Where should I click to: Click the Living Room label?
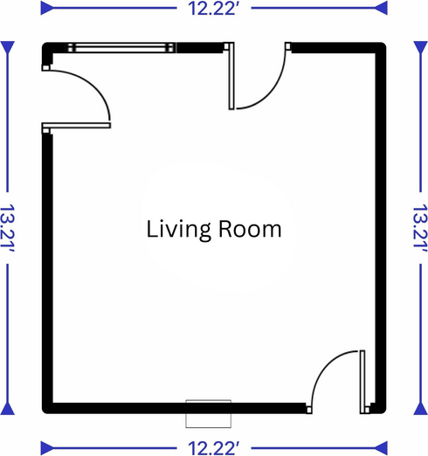point(214,230)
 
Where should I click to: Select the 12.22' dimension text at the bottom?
point(214,448)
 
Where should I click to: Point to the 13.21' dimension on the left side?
point(7,228)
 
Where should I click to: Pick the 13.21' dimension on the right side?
point(420,228)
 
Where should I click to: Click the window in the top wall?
point(121,48)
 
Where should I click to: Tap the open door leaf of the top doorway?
point(231,76)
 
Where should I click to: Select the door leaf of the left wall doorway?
point(76,126)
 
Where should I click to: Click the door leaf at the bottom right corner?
point(362,382)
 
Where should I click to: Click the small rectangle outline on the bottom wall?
point(209,414)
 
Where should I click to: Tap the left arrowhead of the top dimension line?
point(47,8)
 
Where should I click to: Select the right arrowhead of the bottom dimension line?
point(381,448)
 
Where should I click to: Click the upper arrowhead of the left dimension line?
point(8,48)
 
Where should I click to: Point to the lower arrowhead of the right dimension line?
point(421,408)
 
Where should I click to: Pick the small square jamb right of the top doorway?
point(288,46)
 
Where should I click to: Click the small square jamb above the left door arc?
point(45,67)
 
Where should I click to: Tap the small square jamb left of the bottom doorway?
point(309,410)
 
